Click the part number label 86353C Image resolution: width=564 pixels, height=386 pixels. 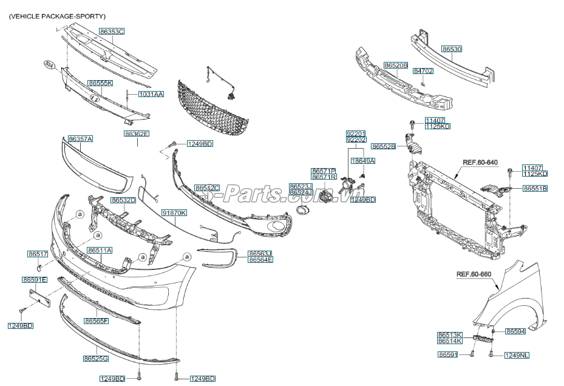click(x=112, y=31)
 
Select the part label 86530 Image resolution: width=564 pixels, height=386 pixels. click(x=452, y=49)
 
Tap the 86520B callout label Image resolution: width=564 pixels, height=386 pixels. click(x=395, y=65)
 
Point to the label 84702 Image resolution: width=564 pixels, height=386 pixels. click(x=423, y=71)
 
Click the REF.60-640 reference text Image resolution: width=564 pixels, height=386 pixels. click(x=480, y=163)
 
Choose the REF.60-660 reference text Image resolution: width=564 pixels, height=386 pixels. click(x=474, y=274)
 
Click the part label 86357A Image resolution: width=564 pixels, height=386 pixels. click(x=80, y=139)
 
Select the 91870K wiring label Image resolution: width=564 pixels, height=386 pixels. click(x=174, y=213)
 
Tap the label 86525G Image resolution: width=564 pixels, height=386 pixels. click(x=96, y=359)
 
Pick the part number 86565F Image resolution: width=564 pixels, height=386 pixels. click(x=96, y=320)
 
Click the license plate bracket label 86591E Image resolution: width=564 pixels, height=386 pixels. click(x=35, y=280)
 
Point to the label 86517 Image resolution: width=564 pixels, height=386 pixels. click(x=38, y=254)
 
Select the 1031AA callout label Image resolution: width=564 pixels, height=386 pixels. click(x=151, y=95)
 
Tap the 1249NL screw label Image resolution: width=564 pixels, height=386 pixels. click(x=516, y=354)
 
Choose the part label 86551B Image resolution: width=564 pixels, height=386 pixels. click(x=535, y=189)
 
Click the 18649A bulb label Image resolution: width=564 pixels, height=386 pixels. click(x=362, y=161)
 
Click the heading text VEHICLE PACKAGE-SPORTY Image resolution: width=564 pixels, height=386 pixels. click(x=57, y=16)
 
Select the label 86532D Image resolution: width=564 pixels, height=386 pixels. click(x=123, y=200)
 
